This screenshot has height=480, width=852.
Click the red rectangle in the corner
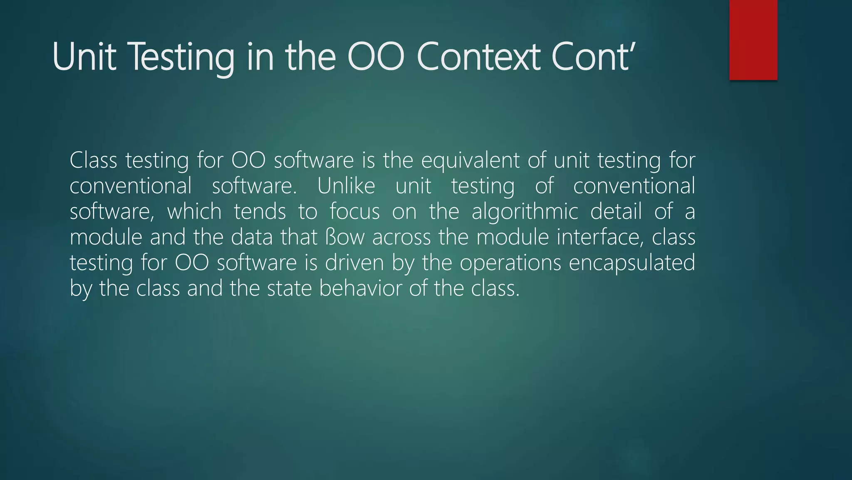753,40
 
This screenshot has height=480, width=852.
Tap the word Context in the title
478,57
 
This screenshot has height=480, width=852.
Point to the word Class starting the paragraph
93,160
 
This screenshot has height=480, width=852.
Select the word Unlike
346,186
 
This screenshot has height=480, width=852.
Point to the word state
289,289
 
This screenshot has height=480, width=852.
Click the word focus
354,212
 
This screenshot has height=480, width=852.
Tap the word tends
260,212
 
